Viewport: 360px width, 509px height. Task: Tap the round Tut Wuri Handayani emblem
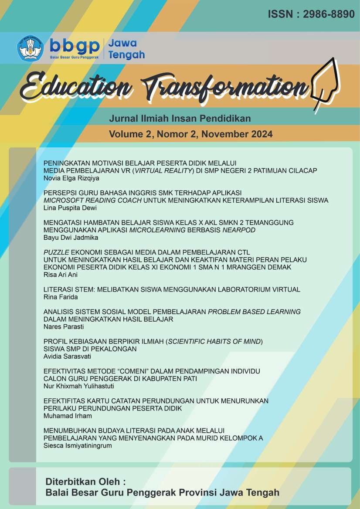pyautogui.click(x=30, y=49)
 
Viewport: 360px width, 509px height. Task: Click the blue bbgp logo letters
pyautogui.click(x=74, y=45)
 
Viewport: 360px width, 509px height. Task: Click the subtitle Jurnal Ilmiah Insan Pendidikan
pyautogui.click(x=180, y=118)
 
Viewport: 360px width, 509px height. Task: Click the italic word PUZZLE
pyautogui.click(x=58, y=252)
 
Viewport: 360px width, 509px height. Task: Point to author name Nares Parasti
pyautogui.click(x=64, y=326)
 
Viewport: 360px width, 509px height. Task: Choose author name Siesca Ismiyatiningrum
pyautogui.click(x=78, y=445)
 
